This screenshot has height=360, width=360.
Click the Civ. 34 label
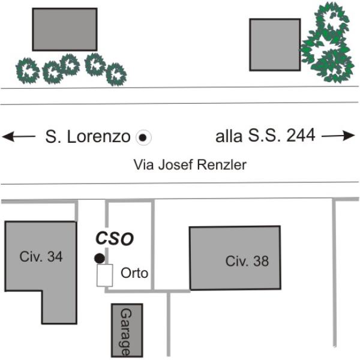pos(41,256)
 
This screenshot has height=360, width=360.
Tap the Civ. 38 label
pos(247,261)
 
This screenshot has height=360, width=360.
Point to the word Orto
pos(134,273)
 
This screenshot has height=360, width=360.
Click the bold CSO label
pos(115,239)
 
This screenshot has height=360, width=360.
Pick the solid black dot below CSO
pos(100,258)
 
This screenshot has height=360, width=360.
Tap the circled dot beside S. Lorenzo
pos(143,137)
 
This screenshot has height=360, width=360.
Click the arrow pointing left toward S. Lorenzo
pos(19,136)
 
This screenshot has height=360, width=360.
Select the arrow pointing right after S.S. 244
pos(338,136)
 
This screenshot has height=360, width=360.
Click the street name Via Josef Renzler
pos(190,164)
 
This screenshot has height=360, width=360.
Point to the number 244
pos(301,135)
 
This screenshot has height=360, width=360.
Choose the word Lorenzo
pos(99,137)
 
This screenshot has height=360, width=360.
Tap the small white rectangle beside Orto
pos(104,275)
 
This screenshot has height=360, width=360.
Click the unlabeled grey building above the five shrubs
pos(65,29)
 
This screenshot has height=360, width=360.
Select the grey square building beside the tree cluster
pos(275,45)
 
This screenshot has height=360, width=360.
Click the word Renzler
pos(222,164)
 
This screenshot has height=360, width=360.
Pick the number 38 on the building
pos(261,261)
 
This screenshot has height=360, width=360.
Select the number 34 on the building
pos(55,256)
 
